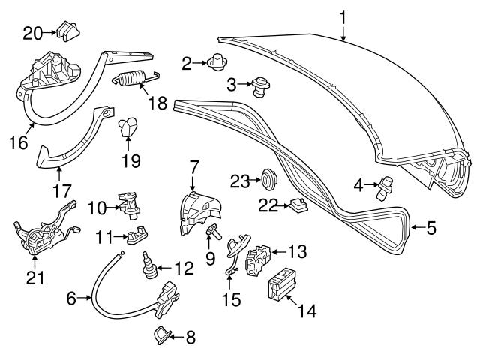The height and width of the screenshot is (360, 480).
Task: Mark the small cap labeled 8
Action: click(163, 335)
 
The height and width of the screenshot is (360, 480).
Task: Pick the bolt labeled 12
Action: click(149, 265)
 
